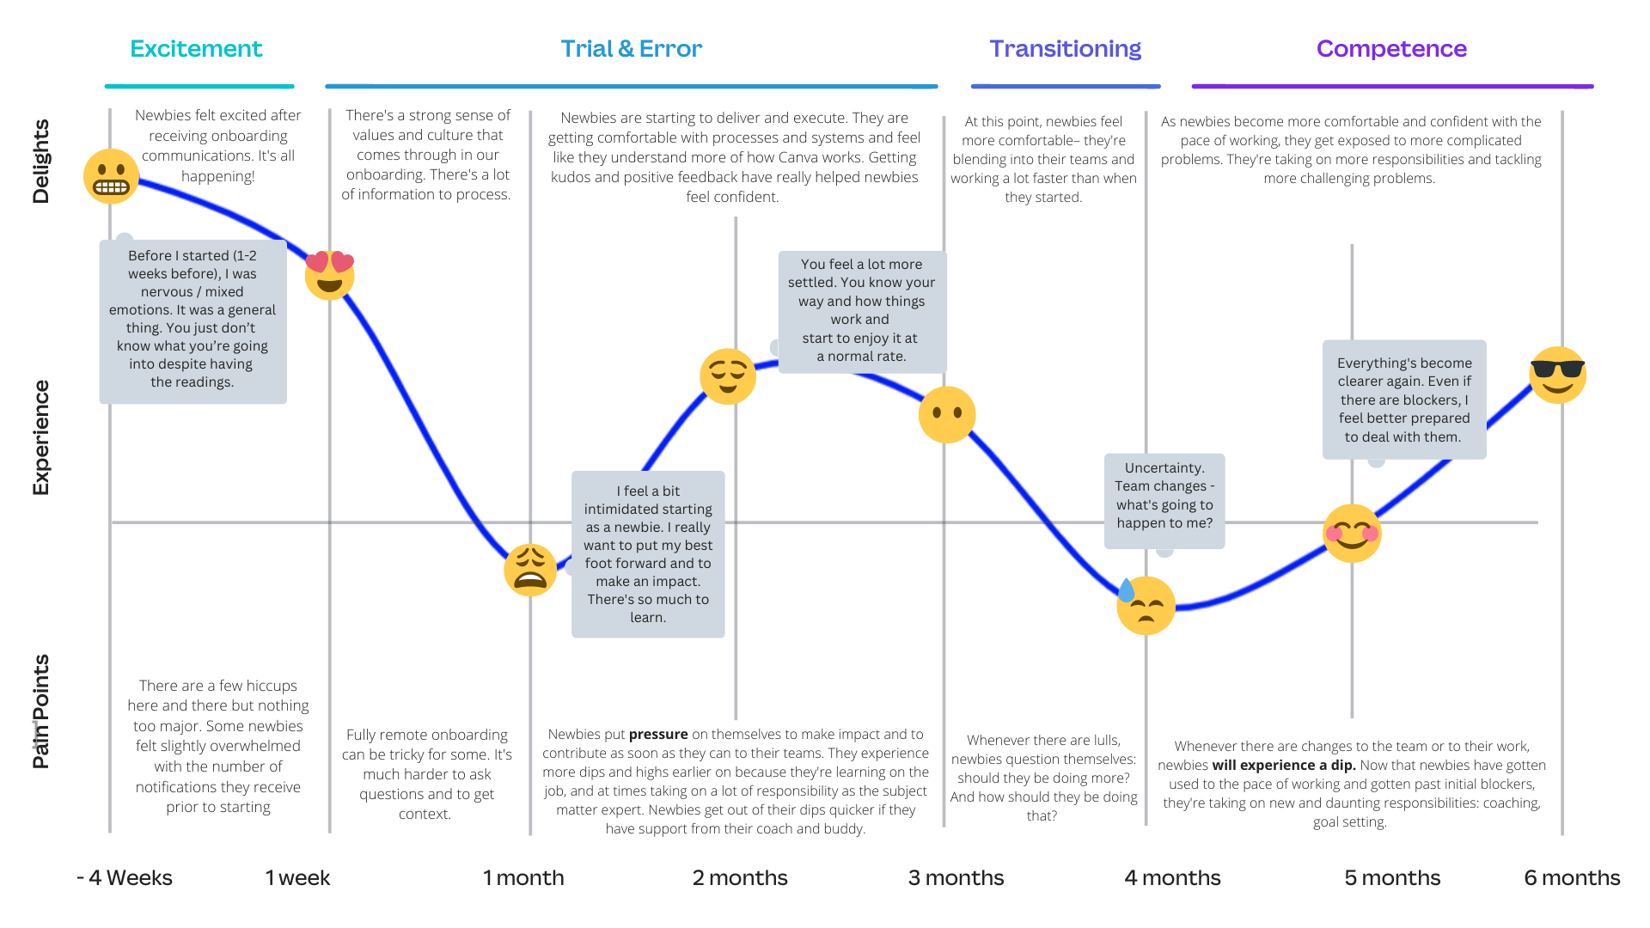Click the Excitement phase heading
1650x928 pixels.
click(x=196, y=49)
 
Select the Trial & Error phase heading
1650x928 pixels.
click(x=632, y=49)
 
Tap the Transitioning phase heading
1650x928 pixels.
click(x=1065, y=50)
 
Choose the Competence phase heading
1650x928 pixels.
click(x=1391, y=50)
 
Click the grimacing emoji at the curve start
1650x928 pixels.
click(x=111, y=176)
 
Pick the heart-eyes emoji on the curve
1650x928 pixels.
click(x=330, y=275)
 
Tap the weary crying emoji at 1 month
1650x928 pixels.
click(x=530, y=570)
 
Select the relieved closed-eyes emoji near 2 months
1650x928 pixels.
click(x=728, y=376)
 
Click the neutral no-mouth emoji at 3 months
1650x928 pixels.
click(x=947, y=414)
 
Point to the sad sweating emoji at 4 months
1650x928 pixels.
click(x=1146, y=605)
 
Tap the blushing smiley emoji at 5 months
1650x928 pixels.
click(x=1352, y=534)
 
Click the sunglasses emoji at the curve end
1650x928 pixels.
click(x=1558, y=375)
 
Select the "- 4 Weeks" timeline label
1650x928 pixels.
click(x=125, y=877)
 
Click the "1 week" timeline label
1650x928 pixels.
click(x=297, y=877)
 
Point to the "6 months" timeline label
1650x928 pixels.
click(x=1572, y=877)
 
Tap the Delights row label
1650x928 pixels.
click(x=40, y=162)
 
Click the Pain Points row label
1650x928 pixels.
click(x=40, y=711)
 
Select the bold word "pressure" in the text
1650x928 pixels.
click(x=658, y=735)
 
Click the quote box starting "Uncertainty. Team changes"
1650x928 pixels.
click(x=1164, y=501)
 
